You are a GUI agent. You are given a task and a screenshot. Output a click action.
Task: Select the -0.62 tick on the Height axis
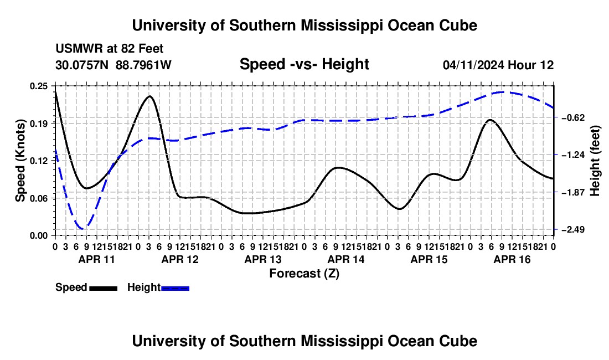point(573,117)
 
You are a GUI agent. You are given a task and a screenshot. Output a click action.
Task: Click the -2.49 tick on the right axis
point(573,229)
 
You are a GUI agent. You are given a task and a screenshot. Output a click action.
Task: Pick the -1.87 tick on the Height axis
point(573,192)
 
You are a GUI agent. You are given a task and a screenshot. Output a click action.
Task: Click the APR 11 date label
point(97,259)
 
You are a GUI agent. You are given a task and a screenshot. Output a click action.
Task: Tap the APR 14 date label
point(346,259)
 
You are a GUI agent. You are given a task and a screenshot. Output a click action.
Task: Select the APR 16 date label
point(512,259)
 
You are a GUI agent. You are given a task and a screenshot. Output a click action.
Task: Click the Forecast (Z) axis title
point(304,274)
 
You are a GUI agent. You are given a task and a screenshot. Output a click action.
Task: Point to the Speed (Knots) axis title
point(20,161)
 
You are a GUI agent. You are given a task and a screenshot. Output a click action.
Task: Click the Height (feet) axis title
point(595,161)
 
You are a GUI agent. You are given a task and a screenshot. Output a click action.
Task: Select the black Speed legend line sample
point(104,288)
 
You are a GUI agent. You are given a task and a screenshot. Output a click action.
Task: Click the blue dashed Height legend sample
point(175,288)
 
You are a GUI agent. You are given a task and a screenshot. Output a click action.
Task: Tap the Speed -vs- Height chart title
point(304,64)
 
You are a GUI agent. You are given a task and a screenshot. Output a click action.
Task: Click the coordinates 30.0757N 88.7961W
point(113,65)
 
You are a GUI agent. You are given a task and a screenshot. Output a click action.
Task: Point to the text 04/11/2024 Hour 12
point(498,65)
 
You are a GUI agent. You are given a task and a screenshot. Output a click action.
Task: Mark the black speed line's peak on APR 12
point(149,96)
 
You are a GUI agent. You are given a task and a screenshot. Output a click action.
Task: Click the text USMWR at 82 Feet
point(110,49)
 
